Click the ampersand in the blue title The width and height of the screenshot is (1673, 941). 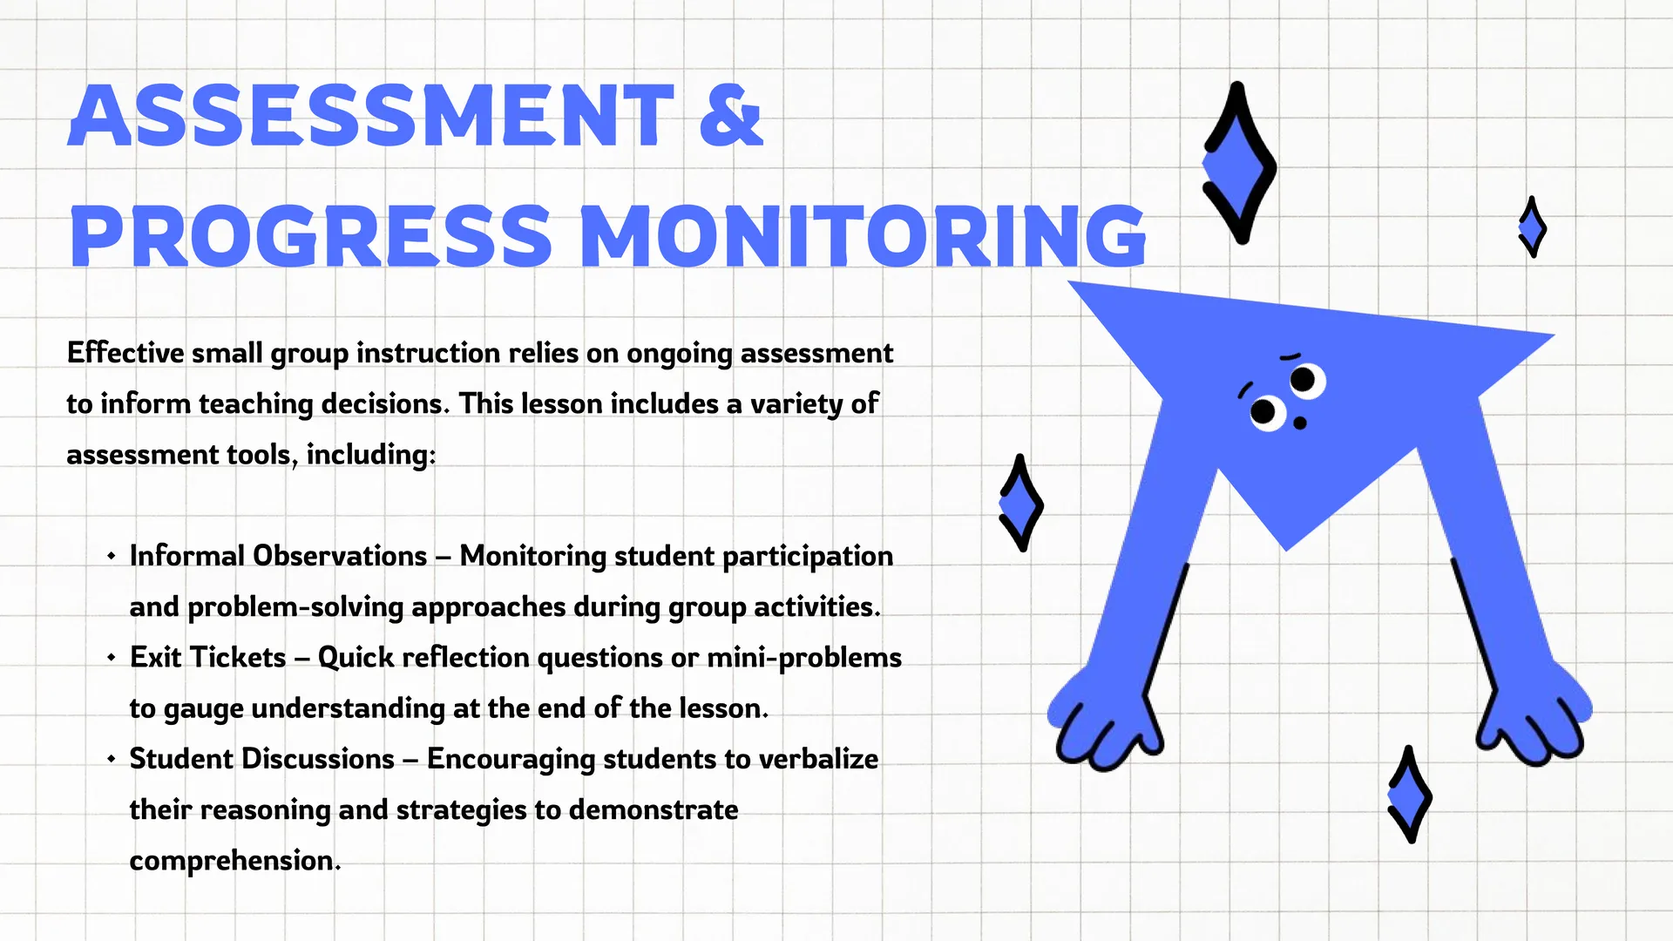731,115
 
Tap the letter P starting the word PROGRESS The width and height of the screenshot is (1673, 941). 95,236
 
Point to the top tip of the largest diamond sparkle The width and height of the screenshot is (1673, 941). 1236,85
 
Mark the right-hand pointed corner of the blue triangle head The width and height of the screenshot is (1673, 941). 1554,334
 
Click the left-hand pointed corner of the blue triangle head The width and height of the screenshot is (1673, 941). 1069,281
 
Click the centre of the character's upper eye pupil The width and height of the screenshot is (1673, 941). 1303,380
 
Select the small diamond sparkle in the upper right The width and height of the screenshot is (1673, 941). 1532,227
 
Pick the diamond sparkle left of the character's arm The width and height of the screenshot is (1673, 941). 1020,503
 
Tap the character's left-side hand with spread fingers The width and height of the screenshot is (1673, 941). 1104,722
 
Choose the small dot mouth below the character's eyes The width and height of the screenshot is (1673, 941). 1300,423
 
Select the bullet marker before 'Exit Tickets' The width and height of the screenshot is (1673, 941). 112,658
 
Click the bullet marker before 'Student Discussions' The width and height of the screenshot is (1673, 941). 112,759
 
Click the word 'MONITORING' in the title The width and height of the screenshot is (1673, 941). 863,236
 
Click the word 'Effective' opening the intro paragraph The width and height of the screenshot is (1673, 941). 125,353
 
